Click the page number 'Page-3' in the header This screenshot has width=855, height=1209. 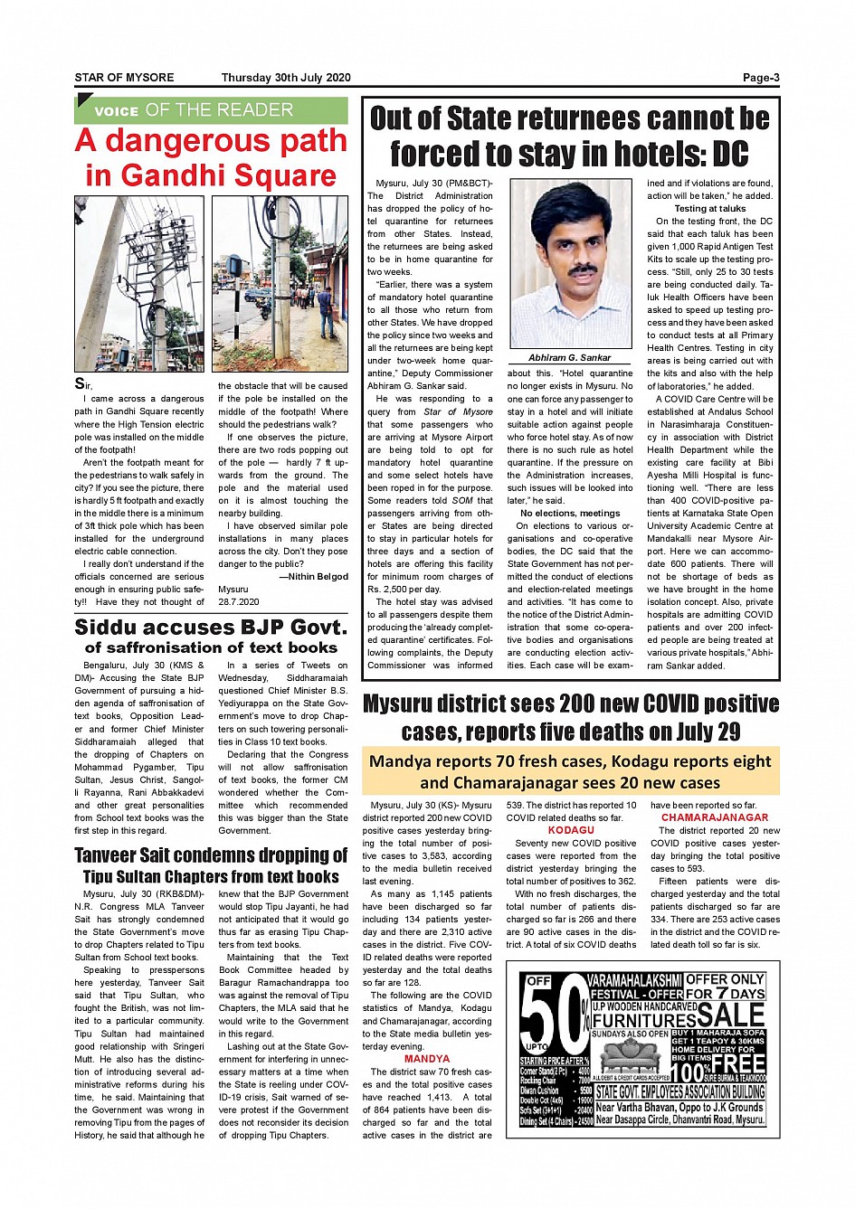click(760, 78)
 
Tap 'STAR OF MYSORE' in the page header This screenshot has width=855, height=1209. click(124, 78)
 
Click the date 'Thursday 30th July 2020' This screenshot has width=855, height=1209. click(285, 78)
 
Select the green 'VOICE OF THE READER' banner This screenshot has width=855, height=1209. click(211, 110)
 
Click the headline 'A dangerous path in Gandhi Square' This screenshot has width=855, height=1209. click(211, 157)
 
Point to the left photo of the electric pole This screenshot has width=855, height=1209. click(139, 284)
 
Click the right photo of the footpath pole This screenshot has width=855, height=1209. click(280, 284)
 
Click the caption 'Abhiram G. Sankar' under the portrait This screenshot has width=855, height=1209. click(570, 358)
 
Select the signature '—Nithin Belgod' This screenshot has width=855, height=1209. click(313, 576)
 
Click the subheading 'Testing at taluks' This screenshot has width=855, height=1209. click(710, 208)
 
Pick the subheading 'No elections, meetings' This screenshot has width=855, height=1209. click(570, 513)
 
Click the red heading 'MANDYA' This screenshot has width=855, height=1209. click(427, 1058)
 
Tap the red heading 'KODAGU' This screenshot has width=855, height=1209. click(571, 830)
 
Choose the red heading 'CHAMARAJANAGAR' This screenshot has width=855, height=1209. click(715, 817)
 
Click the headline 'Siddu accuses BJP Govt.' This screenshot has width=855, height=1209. click(211, 628)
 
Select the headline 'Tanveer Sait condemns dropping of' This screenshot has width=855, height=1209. click(211, 855)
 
